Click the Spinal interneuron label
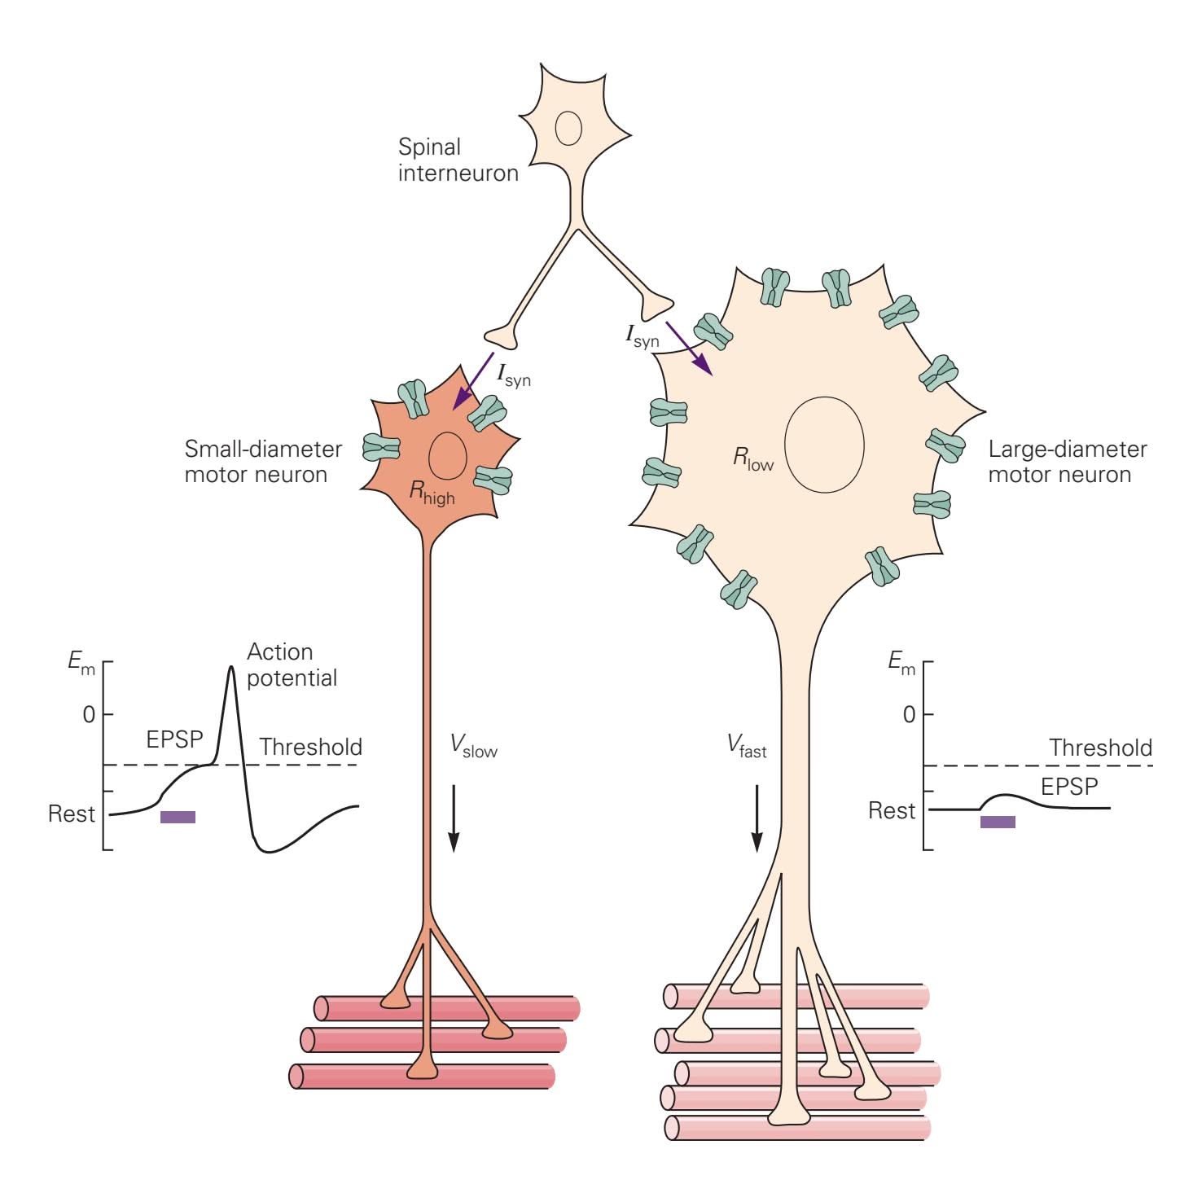(458, 160)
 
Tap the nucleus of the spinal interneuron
(568, 128)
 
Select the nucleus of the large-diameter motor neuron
(824, 445)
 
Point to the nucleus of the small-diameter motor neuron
(448, 454)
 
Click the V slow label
(473, 746)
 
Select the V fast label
(747, 746)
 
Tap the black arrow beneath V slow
(454, 818)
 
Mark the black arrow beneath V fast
(757, 818)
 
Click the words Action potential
(292, 665)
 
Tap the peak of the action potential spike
(230, 668)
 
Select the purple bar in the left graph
(178, 817)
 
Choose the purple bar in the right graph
(998, 822)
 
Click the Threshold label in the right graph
(1100, 748)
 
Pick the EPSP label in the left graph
(174, 739)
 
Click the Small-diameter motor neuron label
(263, 462)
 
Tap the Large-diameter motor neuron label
(1067, 462)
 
